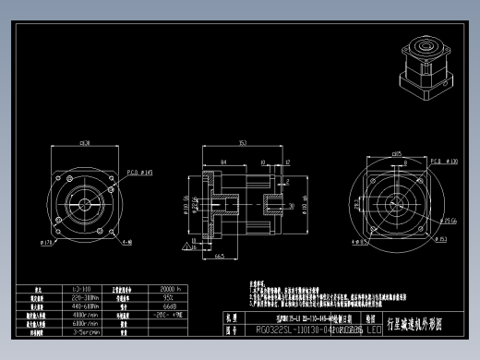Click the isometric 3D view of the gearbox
point(428,70)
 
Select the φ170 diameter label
point(46,243)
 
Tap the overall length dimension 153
point(242,143)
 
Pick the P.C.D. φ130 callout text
point(447,161)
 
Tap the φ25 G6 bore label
point(450,222)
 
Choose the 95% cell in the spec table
point(169,297)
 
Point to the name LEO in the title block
point(373,328)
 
